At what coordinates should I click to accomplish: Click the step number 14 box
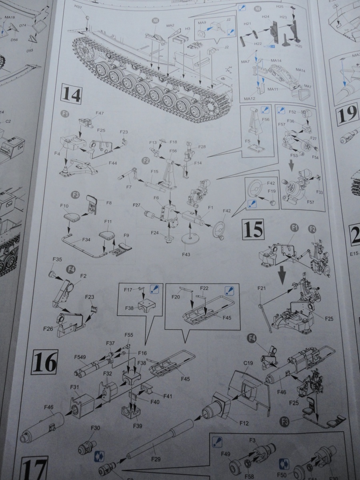point(71,95)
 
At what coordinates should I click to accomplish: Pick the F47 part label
point(100,114)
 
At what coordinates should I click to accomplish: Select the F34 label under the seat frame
point(86,240)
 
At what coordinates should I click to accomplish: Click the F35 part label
point(57,260)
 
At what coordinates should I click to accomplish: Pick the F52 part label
point(292,112)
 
